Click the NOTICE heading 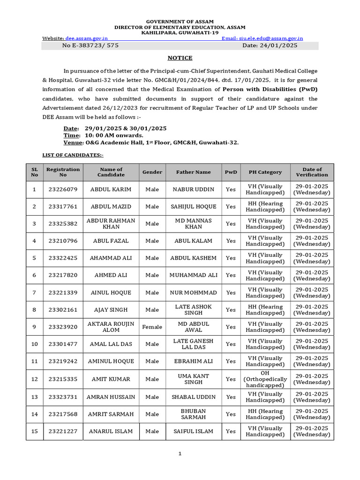[180, 58]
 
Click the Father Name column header [193, 172]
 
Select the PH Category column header [265, 172]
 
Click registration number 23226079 [63, 189]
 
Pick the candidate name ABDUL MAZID [111, 207]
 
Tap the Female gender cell [152, 327]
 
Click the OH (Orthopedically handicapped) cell [265, 379]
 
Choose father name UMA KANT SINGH [193, 379]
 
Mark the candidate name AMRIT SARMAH [111, 414]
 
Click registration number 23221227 [63, 431]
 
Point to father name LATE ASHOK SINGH [193, 310]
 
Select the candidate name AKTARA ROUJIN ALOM [111, 327]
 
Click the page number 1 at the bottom [180, 454]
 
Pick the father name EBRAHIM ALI [193, 361]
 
